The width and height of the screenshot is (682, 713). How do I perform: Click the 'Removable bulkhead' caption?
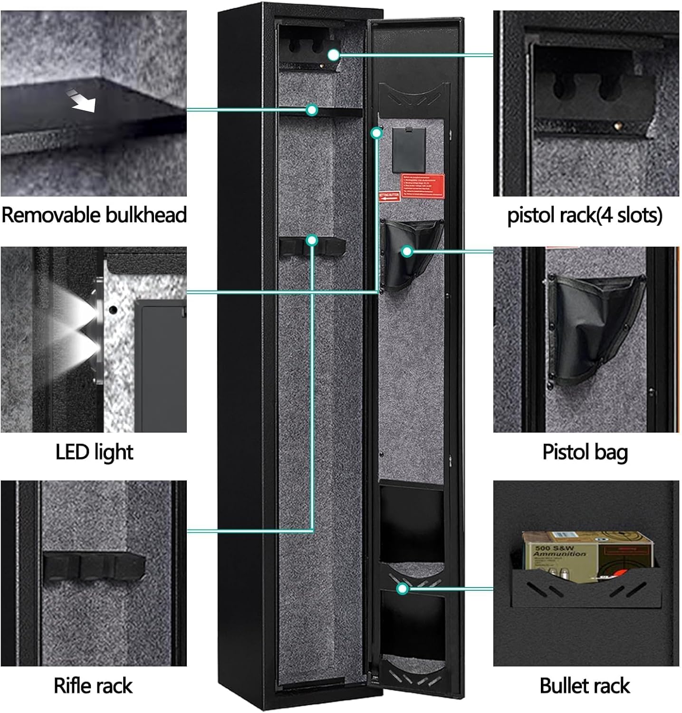[x=94, y=215]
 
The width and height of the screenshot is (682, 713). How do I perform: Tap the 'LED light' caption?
[x=94, y=452]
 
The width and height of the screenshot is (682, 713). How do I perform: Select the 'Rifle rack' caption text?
[x=93, y=685]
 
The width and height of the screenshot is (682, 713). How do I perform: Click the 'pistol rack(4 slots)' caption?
[x=585, y=215]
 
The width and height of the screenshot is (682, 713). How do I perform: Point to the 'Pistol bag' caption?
[x=585, y=452]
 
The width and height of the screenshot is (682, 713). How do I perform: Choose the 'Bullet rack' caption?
[x=585, y=685]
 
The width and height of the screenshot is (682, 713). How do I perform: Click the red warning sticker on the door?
[x=423, y=186]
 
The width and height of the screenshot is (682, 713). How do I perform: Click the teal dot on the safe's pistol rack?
[x=334, y=55]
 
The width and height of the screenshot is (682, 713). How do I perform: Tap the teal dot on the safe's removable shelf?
[x=312, y=110]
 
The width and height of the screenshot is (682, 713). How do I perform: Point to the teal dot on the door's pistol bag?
[x=407, y=251]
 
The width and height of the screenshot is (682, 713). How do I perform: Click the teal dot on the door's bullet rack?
[x=403, y=589]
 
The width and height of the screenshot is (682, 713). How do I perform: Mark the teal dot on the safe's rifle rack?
[x=312, y=241]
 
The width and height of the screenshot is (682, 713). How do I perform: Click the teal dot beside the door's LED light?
[x=376, y=133]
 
